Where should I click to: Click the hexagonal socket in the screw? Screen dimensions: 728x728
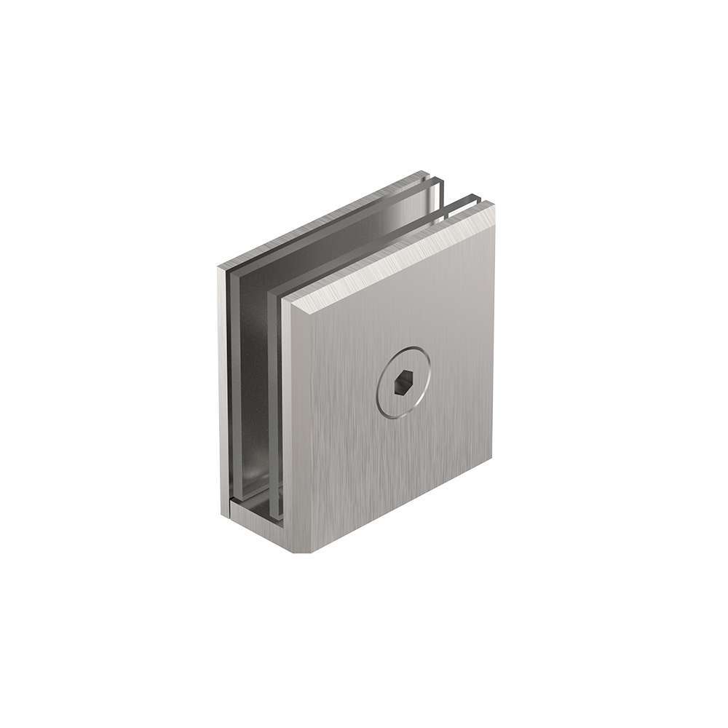402,382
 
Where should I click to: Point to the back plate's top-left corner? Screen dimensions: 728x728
218,266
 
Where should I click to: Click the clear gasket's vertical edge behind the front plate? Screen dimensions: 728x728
276,408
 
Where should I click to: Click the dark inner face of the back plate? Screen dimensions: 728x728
251,379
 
